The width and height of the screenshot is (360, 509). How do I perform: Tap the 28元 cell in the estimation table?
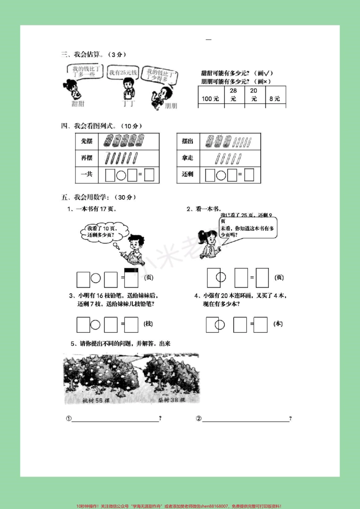coord(233,95)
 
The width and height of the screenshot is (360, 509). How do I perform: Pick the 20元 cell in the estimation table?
coord(254,95)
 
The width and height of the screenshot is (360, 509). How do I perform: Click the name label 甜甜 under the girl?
coord(78,104)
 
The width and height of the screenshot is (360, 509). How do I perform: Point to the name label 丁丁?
coord(128,103)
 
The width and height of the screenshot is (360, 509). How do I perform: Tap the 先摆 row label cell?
coord(87,141)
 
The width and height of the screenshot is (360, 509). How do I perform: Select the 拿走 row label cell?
coord(188,158)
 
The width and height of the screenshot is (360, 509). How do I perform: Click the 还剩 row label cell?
coord(188,174)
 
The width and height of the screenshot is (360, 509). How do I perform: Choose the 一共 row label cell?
coord(87,174)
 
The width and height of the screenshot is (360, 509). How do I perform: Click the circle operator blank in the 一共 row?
coord(121,175)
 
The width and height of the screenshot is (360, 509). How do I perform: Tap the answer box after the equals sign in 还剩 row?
coord(249,175)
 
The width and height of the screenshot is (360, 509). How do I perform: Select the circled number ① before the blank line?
coord(69,418)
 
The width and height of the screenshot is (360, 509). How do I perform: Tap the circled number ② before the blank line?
coord(199,418)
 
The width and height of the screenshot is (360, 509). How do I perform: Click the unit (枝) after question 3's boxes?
coord(148,324)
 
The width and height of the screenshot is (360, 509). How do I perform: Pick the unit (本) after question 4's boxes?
coord(278,324)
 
